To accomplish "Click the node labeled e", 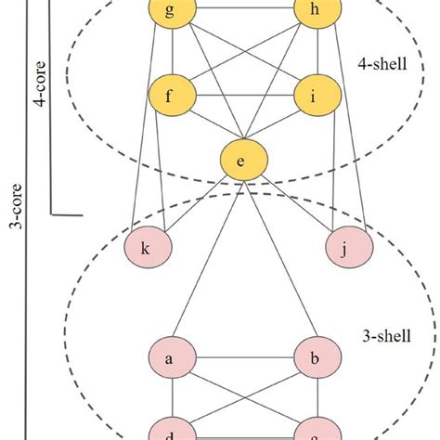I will click(x=241, y=162).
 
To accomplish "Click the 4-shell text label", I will click(x=380, y=66).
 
